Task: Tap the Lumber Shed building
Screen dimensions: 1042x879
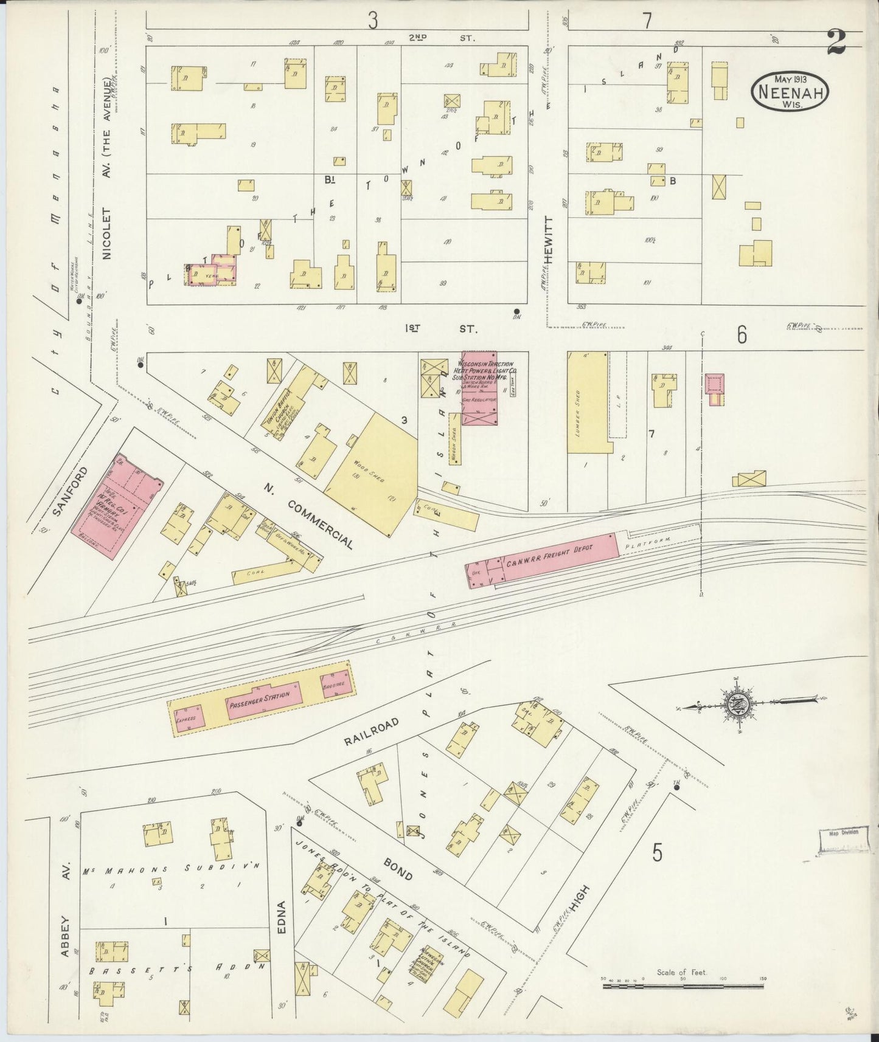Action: point(587,402)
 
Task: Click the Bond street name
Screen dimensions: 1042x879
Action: point(398,869)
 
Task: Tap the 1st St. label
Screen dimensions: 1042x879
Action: point(440,328)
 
